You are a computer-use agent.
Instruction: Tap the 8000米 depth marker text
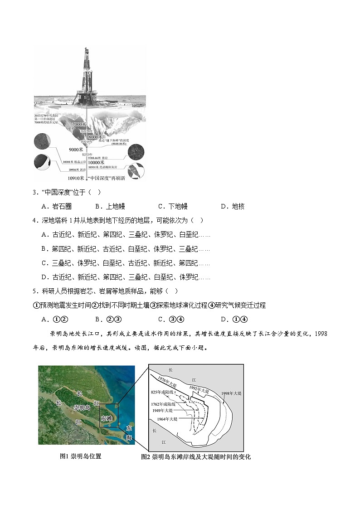pyautogui.click(x=96, y=137)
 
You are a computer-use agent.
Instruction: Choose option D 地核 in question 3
pyautogui.click(x=233, y=206)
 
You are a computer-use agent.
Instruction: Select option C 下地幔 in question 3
pyautogui.click(x=173, y=206)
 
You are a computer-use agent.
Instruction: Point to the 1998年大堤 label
pyautogui.click(x=231, y=393)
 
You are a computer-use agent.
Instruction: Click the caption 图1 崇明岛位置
pyautogui.click(x=80, y=456)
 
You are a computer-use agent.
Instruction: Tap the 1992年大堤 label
pyautogui.click(x=199, y=389)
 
